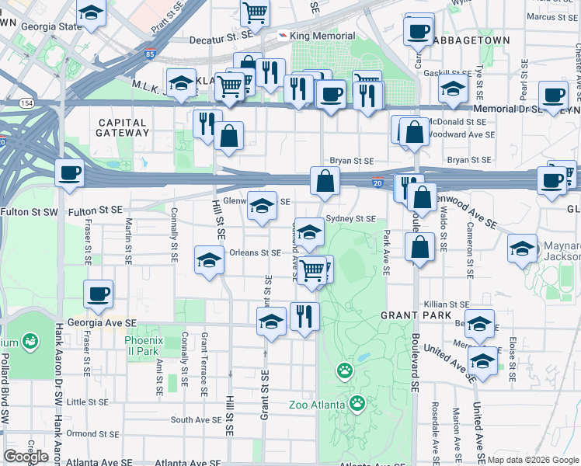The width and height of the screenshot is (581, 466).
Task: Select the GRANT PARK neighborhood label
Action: (411, 316)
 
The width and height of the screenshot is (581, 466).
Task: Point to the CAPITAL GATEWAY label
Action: (122, 127)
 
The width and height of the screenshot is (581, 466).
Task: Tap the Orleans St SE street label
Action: (255, 252)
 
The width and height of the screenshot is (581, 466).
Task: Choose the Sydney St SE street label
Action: (350, 219)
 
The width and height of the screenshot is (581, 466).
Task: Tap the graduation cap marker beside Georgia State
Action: (92, 12)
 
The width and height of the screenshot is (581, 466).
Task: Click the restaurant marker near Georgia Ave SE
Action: (304, 315)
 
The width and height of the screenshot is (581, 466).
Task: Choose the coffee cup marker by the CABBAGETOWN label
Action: (418, 31)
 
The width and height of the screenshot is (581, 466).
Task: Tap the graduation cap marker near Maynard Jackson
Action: (522, 249)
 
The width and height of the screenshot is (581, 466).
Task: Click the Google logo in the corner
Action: (26, 457)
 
